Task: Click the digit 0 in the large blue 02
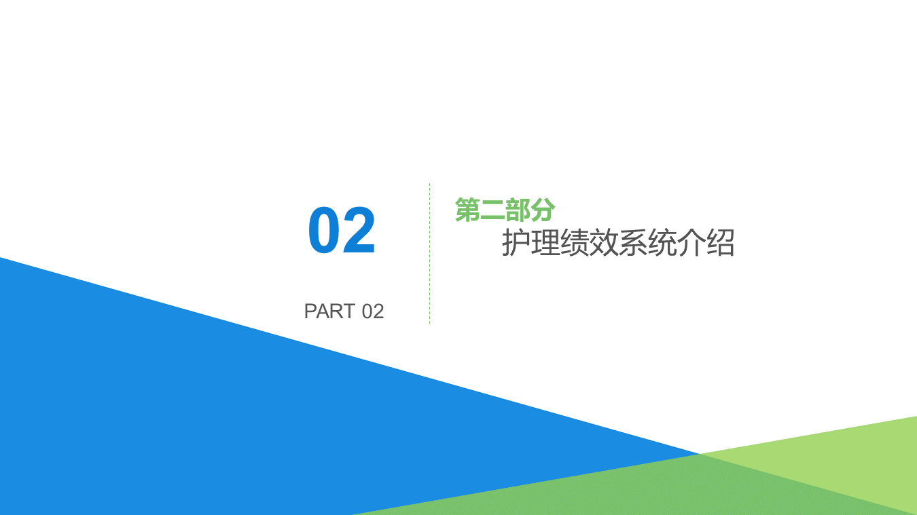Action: point(325,231)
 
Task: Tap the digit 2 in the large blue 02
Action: point(359,231)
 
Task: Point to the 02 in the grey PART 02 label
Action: point(373,311)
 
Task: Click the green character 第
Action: point(467,210)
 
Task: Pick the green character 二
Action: point(492,210)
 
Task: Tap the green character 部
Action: point(518,210)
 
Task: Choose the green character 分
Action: point(543,210)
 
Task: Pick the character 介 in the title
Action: point(691,244)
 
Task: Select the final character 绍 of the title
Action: point(720,244)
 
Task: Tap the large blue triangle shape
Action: point(170,407)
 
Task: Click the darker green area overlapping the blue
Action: point(611,489)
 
